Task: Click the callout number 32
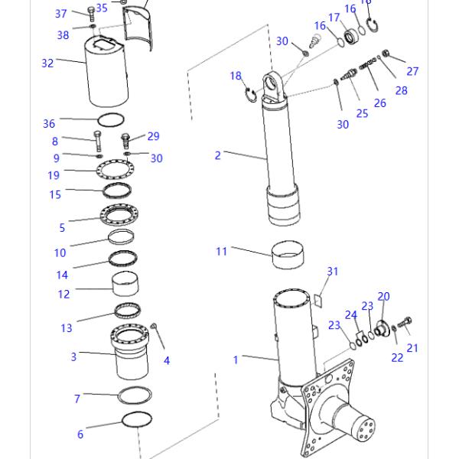click(47, 63)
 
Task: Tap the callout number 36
click(49, 124)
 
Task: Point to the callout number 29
click(153, 136)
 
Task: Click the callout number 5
click(62, 227)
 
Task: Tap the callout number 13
click(67, 328)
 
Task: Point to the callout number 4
click(167, 360)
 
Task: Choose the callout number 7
click(77, 399)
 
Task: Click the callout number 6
click(80, 435)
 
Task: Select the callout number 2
click(217, 155)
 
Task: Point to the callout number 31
click(332, 272)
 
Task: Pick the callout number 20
click(383, 296)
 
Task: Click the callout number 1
click(236, 359)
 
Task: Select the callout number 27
click(413, 72)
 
